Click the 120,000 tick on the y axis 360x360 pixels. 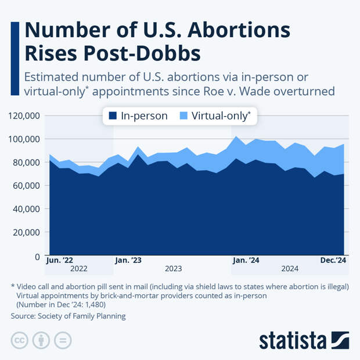point(24,116)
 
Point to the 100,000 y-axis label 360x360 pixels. point(24,139)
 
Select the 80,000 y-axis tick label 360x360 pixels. point(26,162)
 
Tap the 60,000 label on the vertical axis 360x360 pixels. point(26,185)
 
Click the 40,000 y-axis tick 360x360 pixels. point(26,209)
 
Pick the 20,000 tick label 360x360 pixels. point(26,232)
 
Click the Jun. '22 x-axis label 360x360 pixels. point(59,260)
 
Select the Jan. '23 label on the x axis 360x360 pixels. point(128,260)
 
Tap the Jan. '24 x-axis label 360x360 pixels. point(246,260)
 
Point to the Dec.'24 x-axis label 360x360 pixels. point(333,260)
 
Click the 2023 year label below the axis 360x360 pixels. point(173,269)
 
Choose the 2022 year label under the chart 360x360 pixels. point(78,269)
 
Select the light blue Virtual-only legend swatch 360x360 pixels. point(183,116)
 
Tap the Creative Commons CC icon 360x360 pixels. point(20,340)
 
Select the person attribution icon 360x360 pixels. point(41,340)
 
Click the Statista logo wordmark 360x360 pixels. point(293,340)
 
